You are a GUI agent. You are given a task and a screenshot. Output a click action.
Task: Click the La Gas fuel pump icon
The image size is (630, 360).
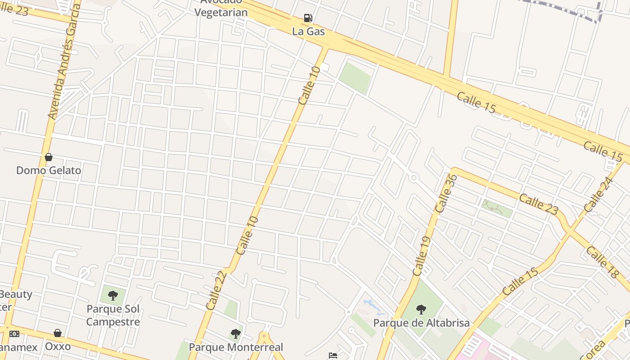pos(308,18)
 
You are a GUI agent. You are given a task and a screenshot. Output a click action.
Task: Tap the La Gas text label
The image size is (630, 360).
pos(308,31)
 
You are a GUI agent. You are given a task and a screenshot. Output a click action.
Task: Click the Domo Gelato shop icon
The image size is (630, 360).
pos(49,157)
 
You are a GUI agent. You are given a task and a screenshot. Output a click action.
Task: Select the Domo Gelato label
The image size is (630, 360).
pos(49,171)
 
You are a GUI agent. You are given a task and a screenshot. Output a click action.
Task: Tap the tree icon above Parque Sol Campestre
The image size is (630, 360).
pos(113,296)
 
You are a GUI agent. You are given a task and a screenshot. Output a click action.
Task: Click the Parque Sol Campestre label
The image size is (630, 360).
pos(113,315)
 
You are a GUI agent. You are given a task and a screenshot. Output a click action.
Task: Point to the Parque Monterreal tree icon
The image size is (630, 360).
pos(236,334)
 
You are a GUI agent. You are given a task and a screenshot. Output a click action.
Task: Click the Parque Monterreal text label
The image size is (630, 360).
pos(236,347)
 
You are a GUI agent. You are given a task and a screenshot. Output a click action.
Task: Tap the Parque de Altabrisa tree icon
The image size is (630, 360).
pos(421,310)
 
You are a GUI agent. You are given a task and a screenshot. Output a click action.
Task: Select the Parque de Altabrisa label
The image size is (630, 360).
pos(421,323)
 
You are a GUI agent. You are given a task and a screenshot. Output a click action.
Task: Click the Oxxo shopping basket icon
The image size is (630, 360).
pos(58,333)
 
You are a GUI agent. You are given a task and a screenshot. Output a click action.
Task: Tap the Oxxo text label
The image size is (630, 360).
pos(58,346)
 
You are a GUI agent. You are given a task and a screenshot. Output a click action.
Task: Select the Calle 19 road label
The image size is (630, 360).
pos(421,256)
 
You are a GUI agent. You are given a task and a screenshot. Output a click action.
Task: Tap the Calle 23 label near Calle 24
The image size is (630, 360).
pos(539,204)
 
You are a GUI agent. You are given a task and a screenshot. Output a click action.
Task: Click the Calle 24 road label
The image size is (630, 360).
pos(599,195)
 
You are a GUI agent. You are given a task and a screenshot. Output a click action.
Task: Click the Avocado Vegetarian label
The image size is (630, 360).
pos(221,8)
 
